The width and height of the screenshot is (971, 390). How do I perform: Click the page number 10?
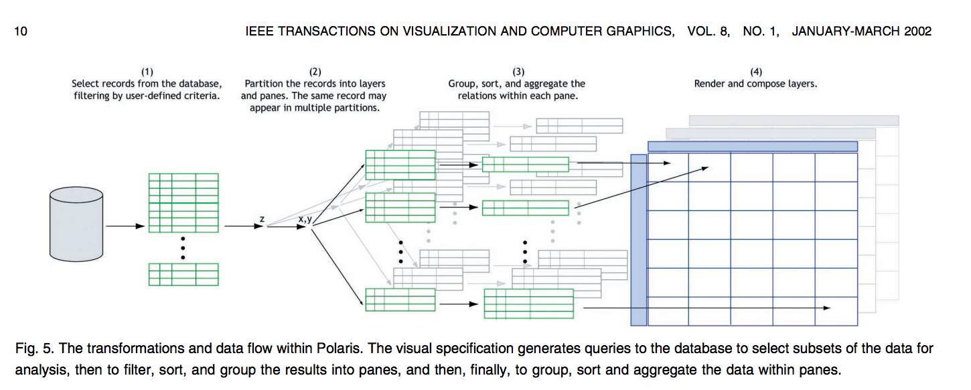20,31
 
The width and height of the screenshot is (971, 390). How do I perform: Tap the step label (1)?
147,72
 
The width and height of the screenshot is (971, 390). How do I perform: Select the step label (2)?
315,72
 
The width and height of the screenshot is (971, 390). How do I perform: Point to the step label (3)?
518,72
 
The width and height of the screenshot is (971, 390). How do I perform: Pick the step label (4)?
755,72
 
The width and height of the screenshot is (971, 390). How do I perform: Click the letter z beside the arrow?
261,218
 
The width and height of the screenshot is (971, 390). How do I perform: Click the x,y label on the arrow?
305,218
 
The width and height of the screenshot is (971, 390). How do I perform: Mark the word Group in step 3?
463,84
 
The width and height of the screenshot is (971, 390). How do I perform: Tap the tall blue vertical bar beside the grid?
639,240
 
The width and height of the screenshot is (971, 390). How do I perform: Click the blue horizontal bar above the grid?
753,146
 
